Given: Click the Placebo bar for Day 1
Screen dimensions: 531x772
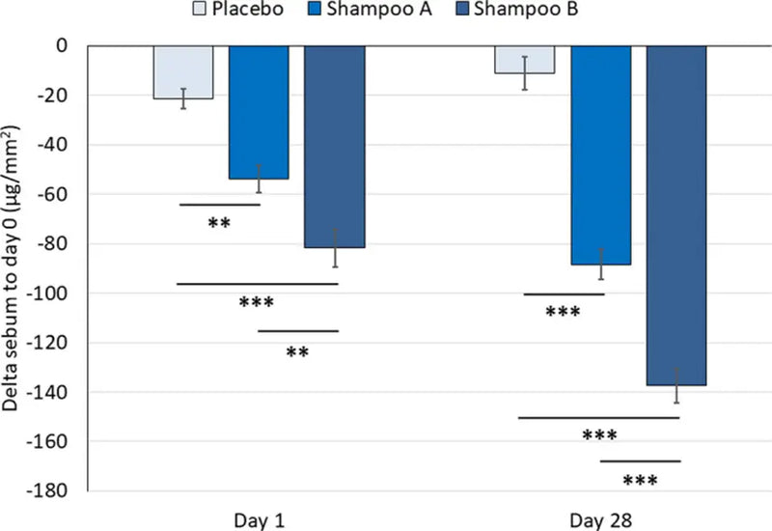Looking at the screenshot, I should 182,72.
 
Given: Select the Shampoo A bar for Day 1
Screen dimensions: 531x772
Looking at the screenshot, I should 259,112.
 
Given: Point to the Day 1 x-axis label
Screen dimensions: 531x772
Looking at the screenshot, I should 259,519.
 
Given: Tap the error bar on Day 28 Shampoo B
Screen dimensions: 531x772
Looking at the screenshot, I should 677,384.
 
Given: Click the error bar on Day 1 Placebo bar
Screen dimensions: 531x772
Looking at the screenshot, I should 182,98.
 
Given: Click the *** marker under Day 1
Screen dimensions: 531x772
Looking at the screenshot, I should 257,302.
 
